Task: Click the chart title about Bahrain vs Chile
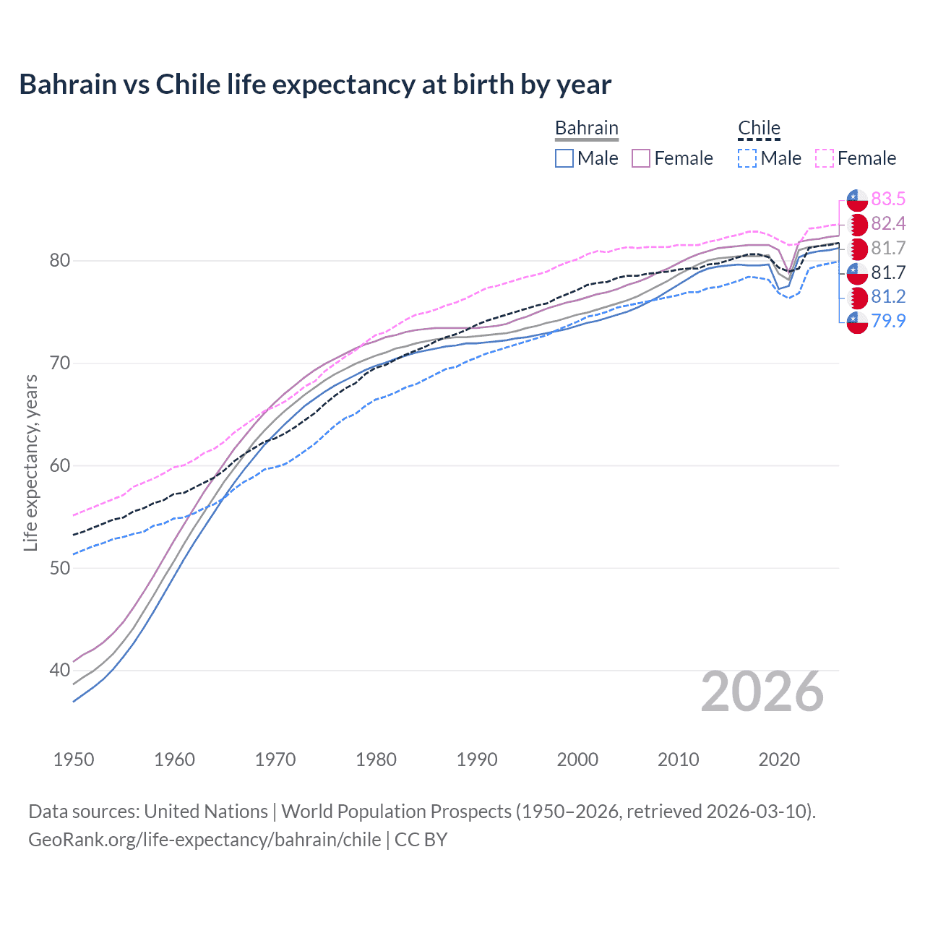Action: point(315,85)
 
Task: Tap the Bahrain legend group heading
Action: point(586,129)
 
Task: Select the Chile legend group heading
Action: point(759,129)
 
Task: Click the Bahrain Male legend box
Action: point(564,158)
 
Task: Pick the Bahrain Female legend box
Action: point(641,158)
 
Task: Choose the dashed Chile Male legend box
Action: point(747,158)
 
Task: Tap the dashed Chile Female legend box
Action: point(825,158)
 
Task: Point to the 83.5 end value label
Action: point(888,199)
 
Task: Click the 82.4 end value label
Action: point(888,223)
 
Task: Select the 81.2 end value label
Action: point(888,296)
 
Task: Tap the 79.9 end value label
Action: point(888,321)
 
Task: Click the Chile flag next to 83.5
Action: point(857,199)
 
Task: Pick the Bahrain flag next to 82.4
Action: point(857,224)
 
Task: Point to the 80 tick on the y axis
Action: point(60,260)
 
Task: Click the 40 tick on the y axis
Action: point(60,670)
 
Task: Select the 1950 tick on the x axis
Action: point(74,760)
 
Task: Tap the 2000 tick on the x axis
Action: point(577,760)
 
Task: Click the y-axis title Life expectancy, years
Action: point(30,462)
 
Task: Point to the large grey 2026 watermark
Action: point(762,692)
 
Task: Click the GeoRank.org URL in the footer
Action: point(205,840)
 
